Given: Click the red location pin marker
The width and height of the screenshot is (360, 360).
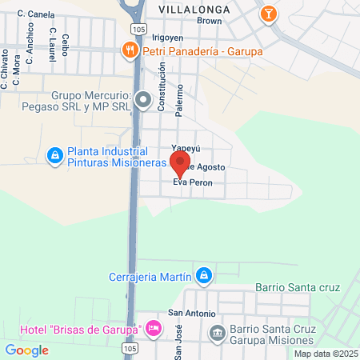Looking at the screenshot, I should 180,165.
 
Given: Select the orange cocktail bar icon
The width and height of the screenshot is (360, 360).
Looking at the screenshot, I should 269,13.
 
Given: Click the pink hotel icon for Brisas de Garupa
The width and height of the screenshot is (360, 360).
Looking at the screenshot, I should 154,328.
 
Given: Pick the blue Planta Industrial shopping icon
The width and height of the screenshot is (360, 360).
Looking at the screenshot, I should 55,155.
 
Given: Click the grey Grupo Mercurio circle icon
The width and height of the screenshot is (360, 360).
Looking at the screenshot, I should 143,100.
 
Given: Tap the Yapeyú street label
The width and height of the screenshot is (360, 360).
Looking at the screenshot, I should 185,149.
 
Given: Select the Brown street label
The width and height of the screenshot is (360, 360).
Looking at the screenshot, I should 209,21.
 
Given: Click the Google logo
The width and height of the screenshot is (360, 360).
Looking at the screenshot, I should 26,350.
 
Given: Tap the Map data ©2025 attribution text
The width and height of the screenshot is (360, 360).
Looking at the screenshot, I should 325,354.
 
